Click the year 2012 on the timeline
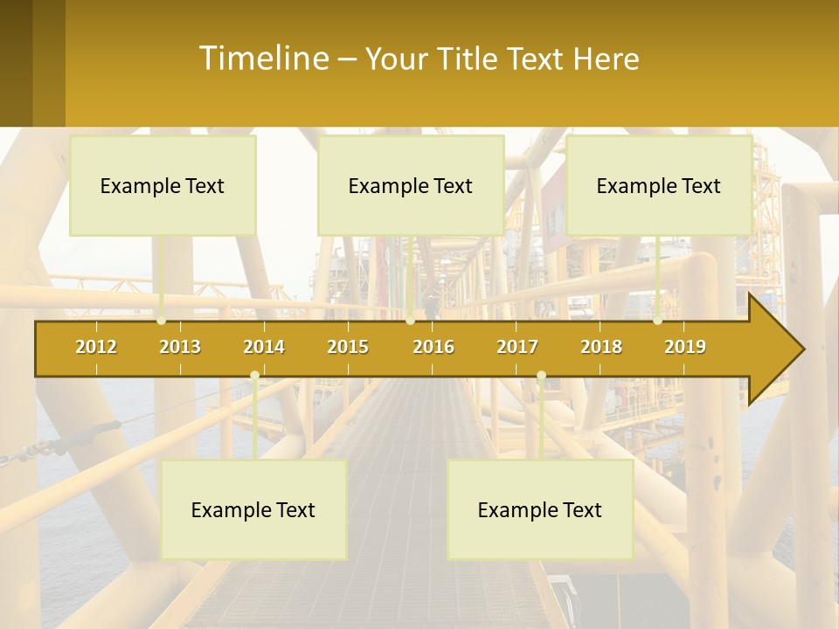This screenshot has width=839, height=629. pos(96,347)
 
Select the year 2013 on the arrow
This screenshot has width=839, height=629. pos(180,347)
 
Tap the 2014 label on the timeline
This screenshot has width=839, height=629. pos(264,347)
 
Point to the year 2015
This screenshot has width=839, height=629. pos(348,347)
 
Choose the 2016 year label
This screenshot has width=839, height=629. pos(433,347)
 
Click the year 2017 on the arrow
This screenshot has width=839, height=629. pos(517,347)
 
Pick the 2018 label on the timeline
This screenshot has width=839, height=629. pos(601,347)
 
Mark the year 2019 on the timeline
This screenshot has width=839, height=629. pos(685,347)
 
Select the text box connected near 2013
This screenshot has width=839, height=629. pos(163,185)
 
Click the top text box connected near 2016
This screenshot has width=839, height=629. pos(411,185)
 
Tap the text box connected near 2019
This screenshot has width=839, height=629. pos(659,185)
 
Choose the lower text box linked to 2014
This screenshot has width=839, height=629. pos(253,509)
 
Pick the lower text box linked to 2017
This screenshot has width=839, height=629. pos(540,509)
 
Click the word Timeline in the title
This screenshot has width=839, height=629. pos(262,58)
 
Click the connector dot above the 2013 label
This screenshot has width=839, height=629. pos(162,321)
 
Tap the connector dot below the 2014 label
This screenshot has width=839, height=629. pos(254,376)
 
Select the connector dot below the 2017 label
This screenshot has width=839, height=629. pos(541,376)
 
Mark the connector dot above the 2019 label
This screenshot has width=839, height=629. pos(658,321)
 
